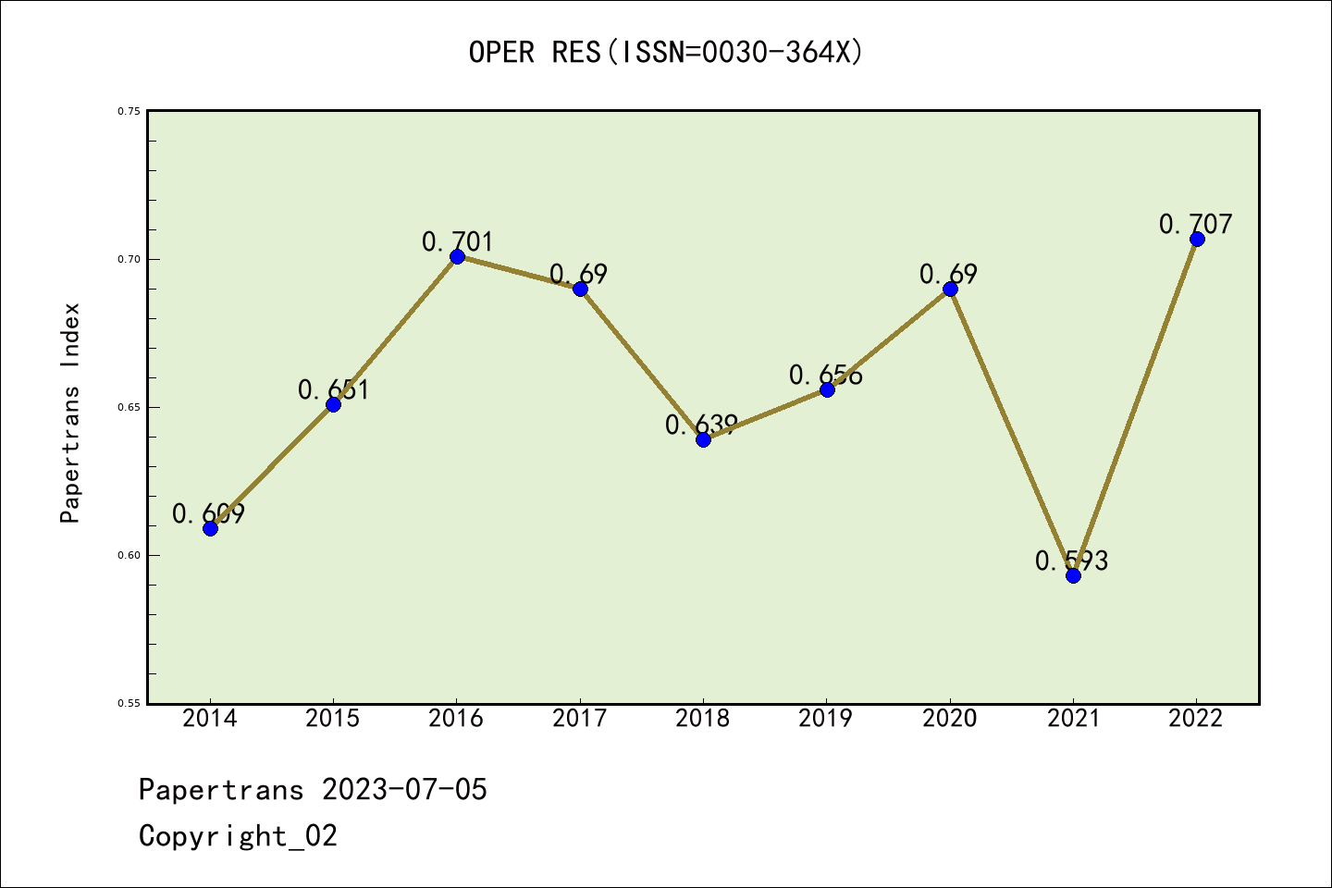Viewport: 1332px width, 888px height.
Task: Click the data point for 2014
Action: (210, 528)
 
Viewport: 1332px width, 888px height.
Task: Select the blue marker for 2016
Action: (457, 256)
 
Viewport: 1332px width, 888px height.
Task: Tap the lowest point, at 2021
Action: (1073, 575)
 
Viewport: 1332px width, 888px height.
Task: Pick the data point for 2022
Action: (1197, 239)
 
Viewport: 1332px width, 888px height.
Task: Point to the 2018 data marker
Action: (703, 439)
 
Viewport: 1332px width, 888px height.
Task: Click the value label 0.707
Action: (1195, 224)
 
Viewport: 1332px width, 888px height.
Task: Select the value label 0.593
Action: (1071, 561)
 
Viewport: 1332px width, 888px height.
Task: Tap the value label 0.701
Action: (458, 241)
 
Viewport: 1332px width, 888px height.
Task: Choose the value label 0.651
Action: (333, 389)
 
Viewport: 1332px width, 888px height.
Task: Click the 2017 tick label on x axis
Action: (580, 719)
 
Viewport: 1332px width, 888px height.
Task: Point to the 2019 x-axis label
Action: (826, 719)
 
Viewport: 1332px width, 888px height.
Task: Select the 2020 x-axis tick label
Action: (950, 719)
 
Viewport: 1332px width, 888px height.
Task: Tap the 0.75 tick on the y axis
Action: (129, 111)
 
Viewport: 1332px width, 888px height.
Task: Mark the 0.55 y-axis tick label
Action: (129, 703)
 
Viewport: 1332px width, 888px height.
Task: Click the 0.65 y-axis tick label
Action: (129, 407)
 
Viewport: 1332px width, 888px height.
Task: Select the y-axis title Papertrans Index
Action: (70, 413)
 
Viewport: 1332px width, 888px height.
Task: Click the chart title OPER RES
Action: (666, 52)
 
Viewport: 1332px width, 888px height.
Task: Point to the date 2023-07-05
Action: (404, 789)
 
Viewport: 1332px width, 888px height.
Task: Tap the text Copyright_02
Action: (238, 835)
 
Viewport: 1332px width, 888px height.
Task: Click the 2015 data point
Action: (333, 404)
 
